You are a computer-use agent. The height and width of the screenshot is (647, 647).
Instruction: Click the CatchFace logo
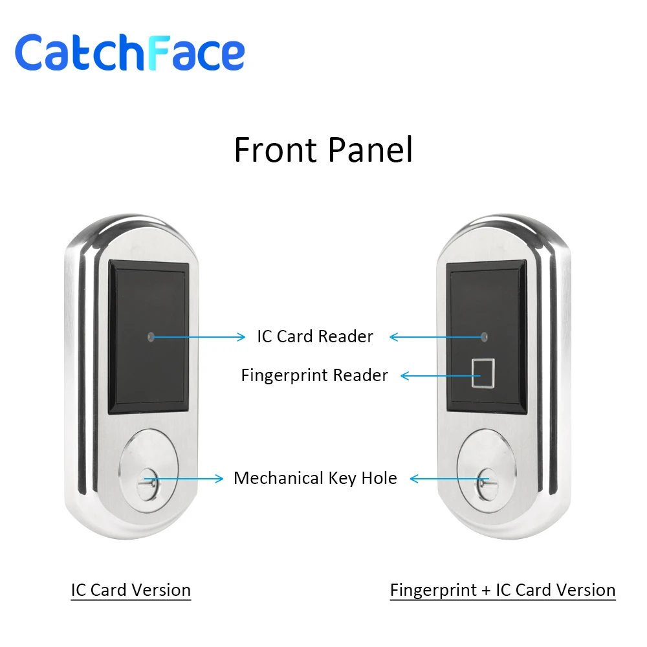(x=129, y=53)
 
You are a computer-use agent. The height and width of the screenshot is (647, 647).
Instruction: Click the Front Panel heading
(x=323, y=150)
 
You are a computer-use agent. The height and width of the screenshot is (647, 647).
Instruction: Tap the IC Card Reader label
(x=315, y=336)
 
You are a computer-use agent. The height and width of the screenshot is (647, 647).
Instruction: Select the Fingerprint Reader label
(x=314, y=375)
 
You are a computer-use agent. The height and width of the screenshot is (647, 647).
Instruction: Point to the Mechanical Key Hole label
(x=315, y=478)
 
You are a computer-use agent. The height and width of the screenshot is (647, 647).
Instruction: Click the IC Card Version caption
(x=131, y=590)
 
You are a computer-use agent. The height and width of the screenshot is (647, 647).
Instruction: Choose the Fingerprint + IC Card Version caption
(x=503, y=590)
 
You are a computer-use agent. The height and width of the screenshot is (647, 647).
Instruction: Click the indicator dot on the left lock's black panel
(x=151, y=336)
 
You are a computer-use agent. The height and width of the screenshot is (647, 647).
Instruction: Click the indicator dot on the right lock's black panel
(x=483, y=336)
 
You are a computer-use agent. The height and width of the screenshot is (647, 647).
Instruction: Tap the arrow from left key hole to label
(x=188, y=479)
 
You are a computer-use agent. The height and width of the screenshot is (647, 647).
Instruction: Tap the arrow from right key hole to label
(x=446, y=479)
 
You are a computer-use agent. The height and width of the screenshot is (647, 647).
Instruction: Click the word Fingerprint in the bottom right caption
(x=432, y=590)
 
